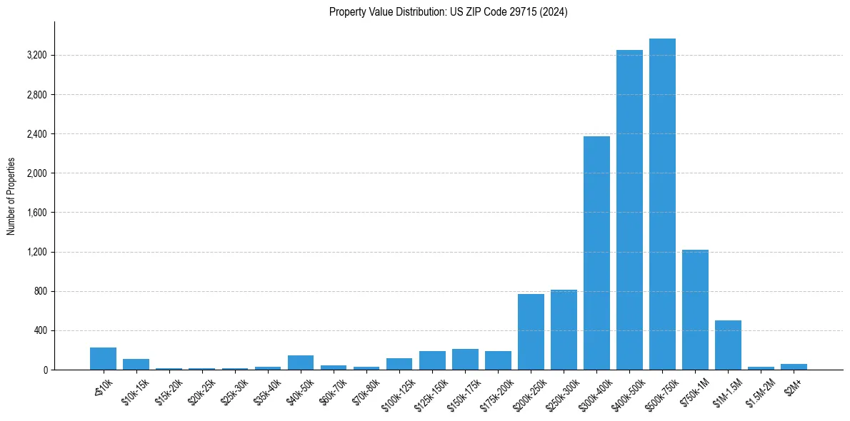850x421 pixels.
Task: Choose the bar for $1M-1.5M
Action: pos(728,345)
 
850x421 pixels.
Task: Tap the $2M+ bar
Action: pos(794,367)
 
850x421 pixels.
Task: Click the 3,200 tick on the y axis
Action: pos(36,55)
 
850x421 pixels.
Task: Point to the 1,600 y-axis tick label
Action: pos(36,213)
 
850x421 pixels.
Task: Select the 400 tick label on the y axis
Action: pos(40,330)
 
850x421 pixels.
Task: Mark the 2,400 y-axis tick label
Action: pos(36,134)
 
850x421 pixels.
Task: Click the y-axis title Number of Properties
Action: pos(11,196)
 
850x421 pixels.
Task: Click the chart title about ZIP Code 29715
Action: pos(448,12)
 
